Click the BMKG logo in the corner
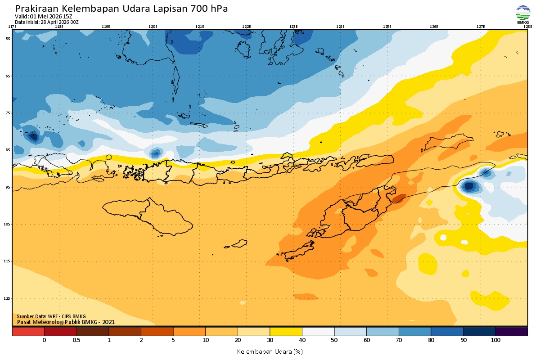(x=523, y=14)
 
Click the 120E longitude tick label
(x=153, y=27)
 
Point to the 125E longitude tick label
(x=387, y=27)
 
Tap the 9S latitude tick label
(x=8, y=187)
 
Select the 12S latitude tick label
(x=8, y=298)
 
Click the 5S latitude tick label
(x=8, y=39)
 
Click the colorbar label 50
(x=334, y=341)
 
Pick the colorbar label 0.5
(x=76, y=341)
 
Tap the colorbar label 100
(x=495, y=341)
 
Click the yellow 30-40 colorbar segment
(x=286, y=332)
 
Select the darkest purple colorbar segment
(x=511, y=332)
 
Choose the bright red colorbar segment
(x=28, y=332)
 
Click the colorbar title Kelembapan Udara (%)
(x=270, y=351)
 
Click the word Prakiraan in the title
(x=36, y=9)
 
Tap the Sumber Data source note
(x=51, y=316)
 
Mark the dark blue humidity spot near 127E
(x=469, y=185)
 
